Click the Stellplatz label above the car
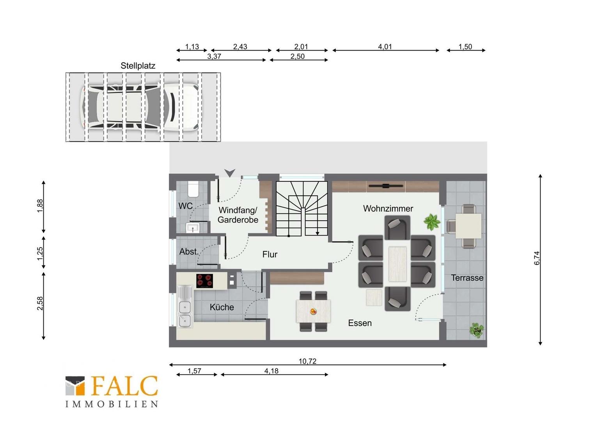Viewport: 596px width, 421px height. [x=138, y=66]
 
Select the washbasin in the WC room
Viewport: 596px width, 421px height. [x=193, y=227]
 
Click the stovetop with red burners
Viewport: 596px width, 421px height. [x=205, y=281]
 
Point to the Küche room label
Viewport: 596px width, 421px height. [x=222, y=307]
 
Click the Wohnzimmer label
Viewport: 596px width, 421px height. [x=388, y=209]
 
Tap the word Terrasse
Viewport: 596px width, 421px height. [x=467, y=278]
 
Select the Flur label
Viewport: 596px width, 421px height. [x=270, y=255]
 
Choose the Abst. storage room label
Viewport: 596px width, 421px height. [x=189, y=251]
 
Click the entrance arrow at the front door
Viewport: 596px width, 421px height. [x=229, y=173]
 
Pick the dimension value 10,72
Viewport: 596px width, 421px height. [x=308, y=361]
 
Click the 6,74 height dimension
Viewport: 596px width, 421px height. [x=537, y=258]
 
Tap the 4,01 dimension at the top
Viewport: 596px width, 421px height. [x=385, y=47]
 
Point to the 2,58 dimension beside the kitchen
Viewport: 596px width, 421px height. [x=40, y=303]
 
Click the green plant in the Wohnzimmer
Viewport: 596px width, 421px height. [x=431, y=222]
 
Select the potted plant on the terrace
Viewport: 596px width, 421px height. [x=476, y=331]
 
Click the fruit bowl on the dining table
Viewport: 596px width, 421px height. [x=314, y=311]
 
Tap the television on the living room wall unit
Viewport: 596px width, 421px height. [x=385, y=186]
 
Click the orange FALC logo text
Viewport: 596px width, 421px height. [x=124, y=386]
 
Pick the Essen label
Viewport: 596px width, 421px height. [x=360, y=323]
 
